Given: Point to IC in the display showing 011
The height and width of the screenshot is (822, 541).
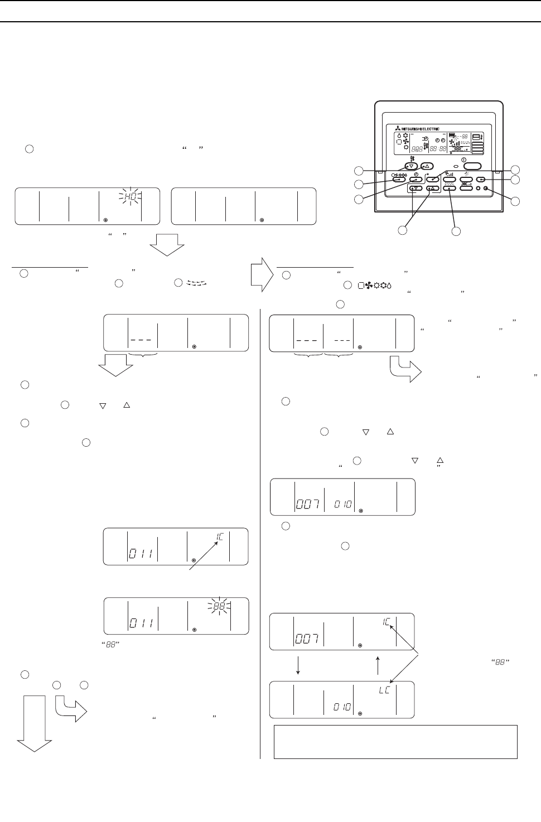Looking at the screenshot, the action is [x=221, y=538].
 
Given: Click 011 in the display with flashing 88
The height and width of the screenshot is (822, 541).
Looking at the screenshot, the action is [x=142, y=623].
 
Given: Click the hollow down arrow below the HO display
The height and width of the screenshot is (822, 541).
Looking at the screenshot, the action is [x=166, y=244].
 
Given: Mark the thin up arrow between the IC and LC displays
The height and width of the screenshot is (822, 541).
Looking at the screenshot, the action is [x=379, y=665].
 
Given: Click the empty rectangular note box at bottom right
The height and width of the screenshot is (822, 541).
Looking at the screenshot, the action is [x=395, y=742].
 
